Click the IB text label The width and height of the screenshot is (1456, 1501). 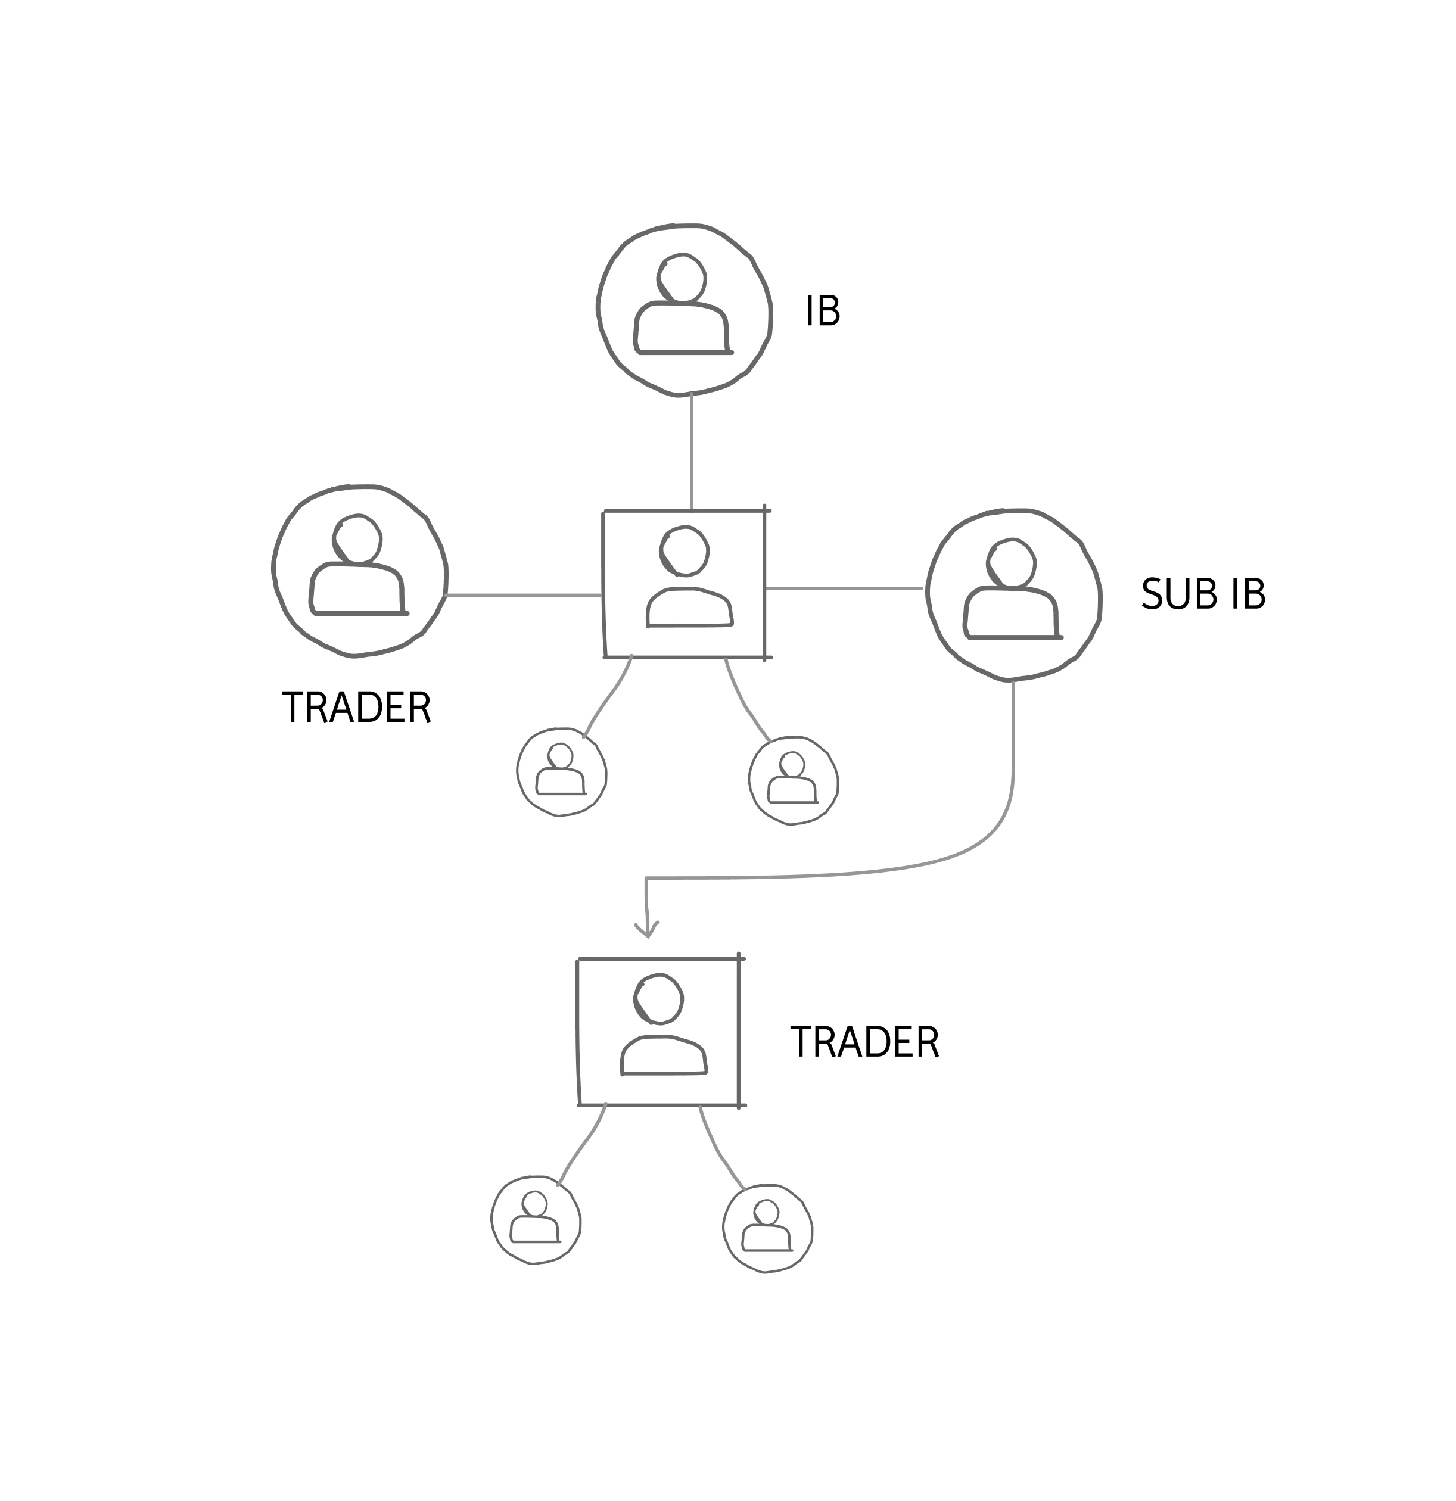(823, 311)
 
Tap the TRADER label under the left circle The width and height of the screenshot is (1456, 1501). (357, 708)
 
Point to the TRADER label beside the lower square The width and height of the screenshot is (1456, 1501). (864, 1042)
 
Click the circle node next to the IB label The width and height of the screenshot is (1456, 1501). (684, 310)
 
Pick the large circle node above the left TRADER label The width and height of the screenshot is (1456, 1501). (359, 571)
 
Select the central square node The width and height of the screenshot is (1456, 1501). (684, 584)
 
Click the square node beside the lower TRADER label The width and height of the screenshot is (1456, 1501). (659, 1032)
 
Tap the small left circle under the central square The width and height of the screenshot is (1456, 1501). (561, 772)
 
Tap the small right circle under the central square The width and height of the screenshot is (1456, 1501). (794, 781)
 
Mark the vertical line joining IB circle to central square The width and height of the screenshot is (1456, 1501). (692, 452)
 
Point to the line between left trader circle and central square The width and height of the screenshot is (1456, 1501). (524, 595)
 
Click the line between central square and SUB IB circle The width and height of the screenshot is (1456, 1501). (844, 588)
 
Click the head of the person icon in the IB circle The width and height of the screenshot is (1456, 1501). (681, 278)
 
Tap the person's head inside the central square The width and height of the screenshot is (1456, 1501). (684, 550)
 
